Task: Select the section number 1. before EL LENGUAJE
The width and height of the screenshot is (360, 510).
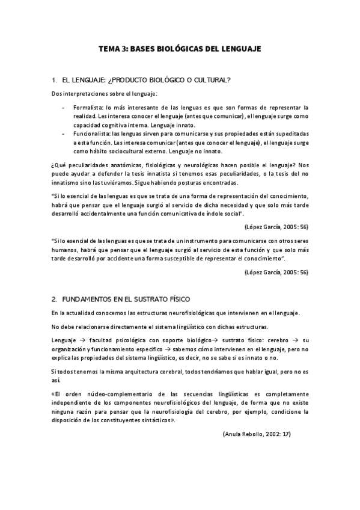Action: [x=55, y=79]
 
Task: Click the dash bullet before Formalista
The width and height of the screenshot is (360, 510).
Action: [x=64, y=107]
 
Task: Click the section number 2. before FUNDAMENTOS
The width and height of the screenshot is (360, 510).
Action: [x=55, y=299]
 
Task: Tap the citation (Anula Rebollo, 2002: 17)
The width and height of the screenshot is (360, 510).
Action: [x=256, y=434]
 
